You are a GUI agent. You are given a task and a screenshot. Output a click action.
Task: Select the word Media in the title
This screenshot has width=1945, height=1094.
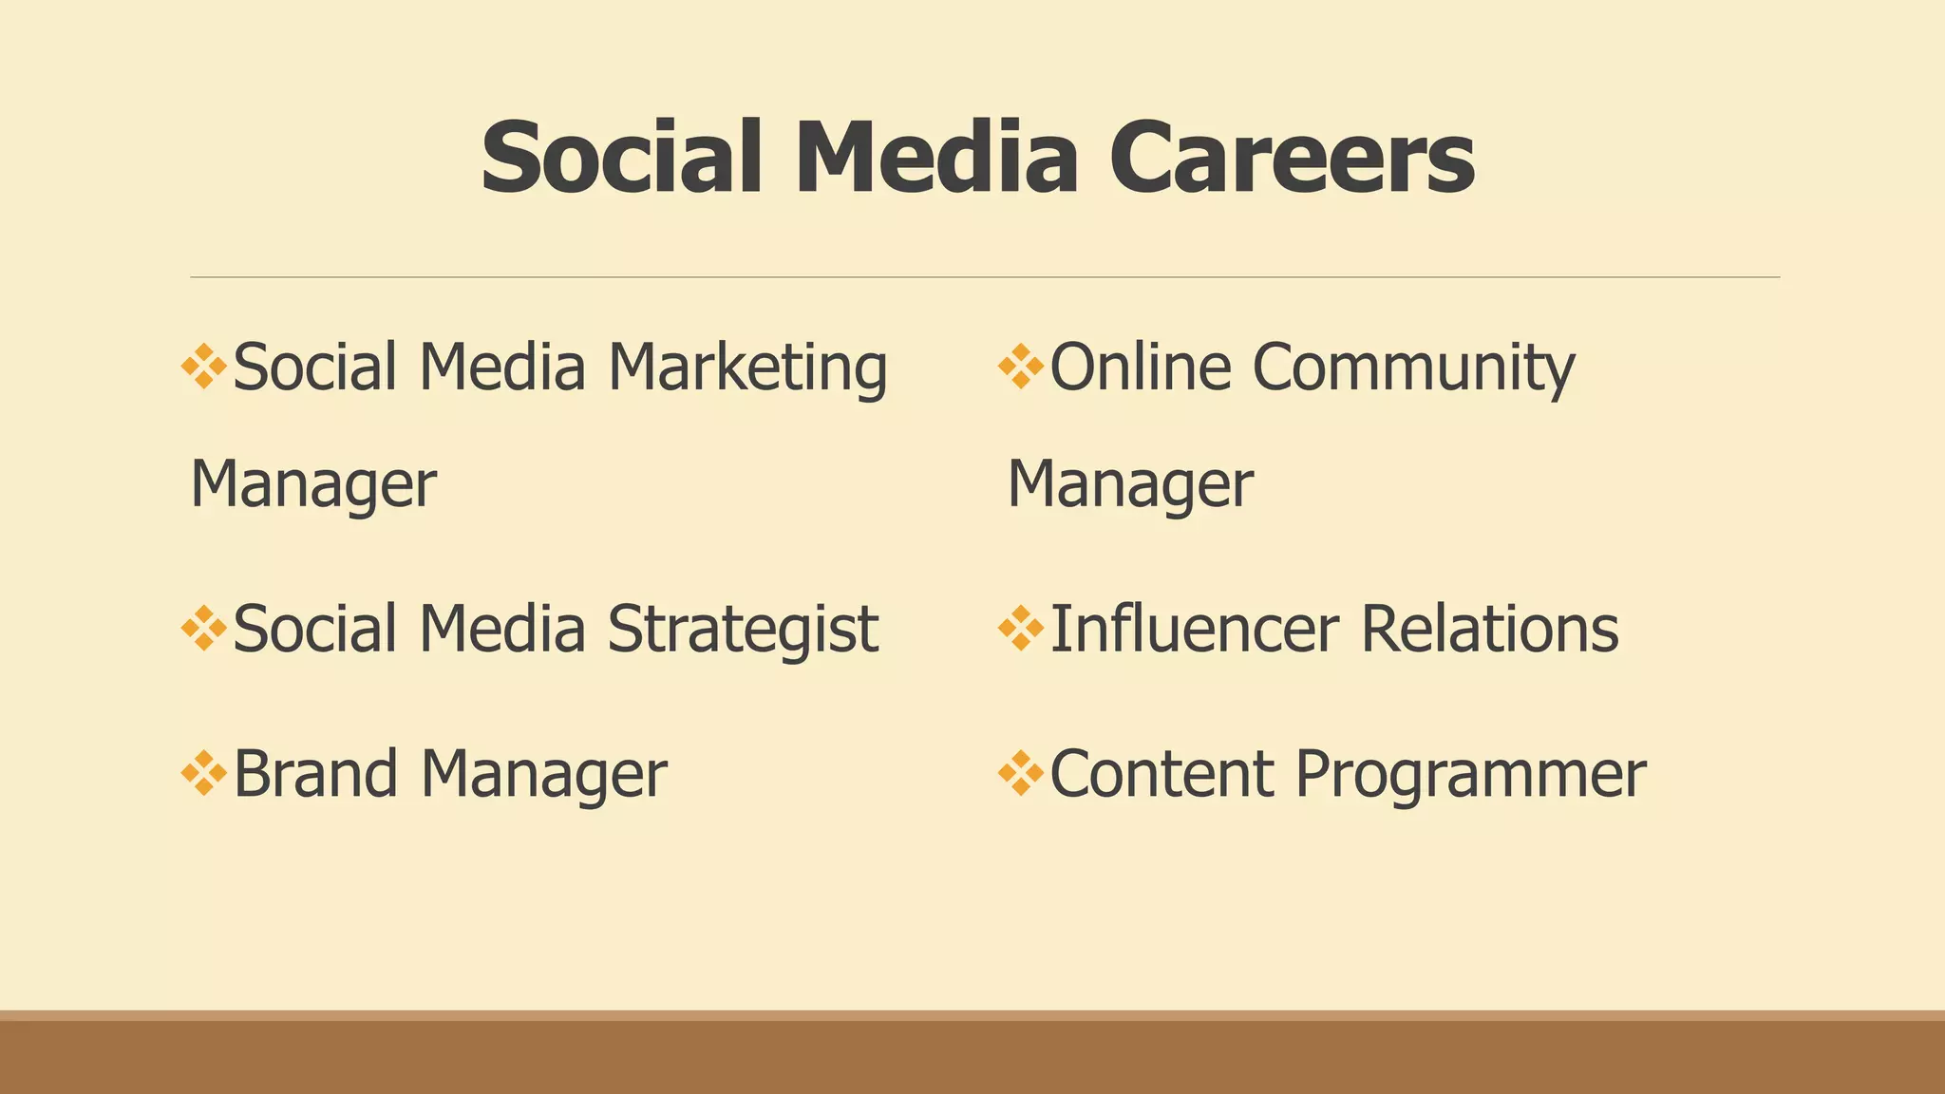coord(936,158)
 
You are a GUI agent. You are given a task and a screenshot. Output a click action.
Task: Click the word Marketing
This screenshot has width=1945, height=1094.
coord(747,368)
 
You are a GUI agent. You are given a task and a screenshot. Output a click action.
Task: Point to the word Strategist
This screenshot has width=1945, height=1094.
coord(743,630)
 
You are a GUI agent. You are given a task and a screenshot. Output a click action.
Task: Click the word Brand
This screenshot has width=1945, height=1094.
coord(315,774)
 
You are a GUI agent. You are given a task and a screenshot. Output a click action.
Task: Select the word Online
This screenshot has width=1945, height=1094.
coord(1141,368)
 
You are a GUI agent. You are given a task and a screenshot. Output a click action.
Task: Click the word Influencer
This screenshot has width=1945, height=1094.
coord(1195,630)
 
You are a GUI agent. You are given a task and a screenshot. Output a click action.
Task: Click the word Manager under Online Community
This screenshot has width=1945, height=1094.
coord(1130,485)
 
